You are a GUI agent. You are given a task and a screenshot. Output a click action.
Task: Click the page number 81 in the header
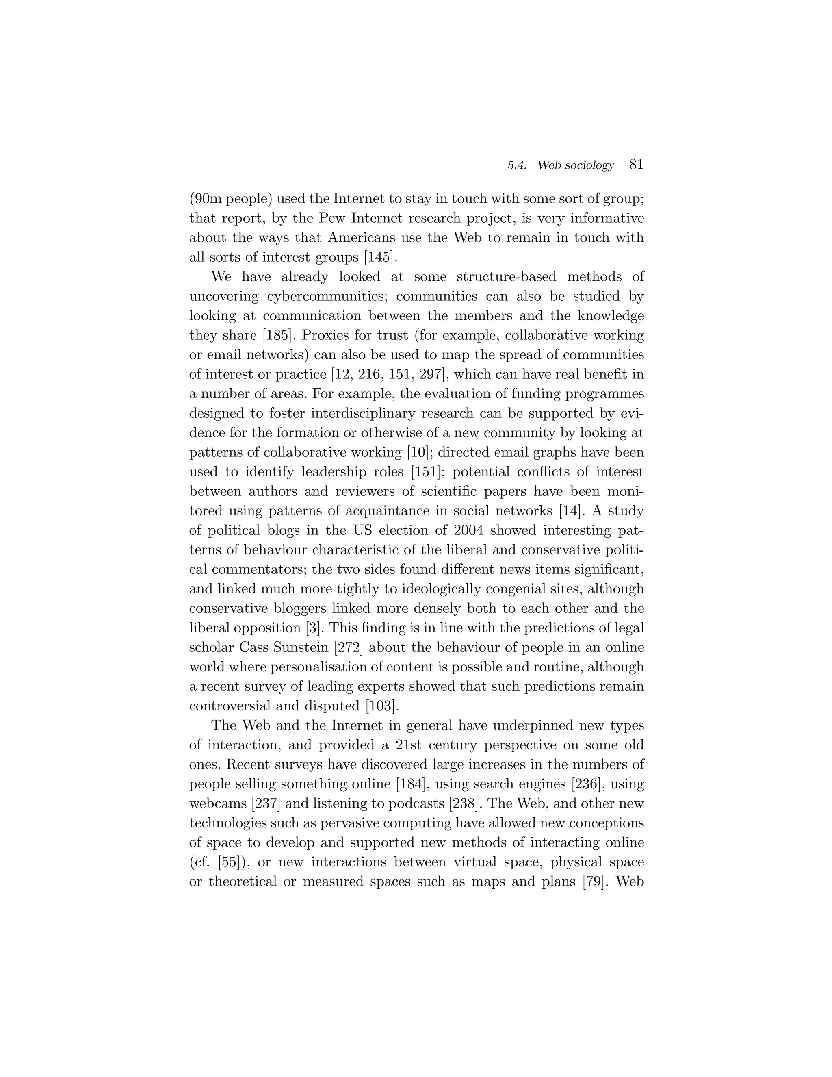636,165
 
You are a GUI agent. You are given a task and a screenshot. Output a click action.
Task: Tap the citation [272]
349,647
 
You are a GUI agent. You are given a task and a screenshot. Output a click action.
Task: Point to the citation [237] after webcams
266,804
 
